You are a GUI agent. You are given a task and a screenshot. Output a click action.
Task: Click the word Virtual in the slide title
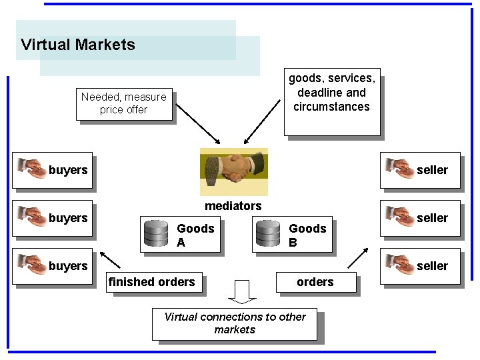click(x=45, y=45)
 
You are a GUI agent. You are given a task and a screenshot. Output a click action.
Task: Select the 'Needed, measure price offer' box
click(x=124, y=104)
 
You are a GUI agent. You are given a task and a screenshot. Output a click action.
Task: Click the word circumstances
click(x=331, y=107)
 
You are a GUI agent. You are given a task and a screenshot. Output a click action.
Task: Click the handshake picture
click(x=233, y=171)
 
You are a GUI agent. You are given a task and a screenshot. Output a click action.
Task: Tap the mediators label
click(x=233, y=206)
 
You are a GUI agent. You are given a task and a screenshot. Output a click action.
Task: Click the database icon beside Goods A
click(x=157, y=234)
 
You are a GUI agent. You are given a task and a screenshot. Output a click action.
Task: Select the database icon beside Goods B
click(x=268, y=234)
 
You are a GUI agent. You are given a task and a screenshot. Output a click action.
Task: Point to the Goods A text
click(x=195, y=235)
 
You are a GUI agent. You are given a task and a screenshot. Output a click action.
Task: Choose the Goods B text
click(x=307, y=235)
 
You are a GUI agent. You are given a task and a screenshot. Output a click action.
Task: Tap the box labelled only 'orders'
click(x=315, y=282)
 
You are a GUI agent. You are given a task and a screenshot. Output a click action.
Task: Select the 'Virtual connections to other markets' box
click(x=235, y=323)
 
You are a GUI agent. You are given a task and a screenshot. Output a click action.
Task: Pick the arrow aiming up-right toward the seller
click(x=357, y=258)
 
